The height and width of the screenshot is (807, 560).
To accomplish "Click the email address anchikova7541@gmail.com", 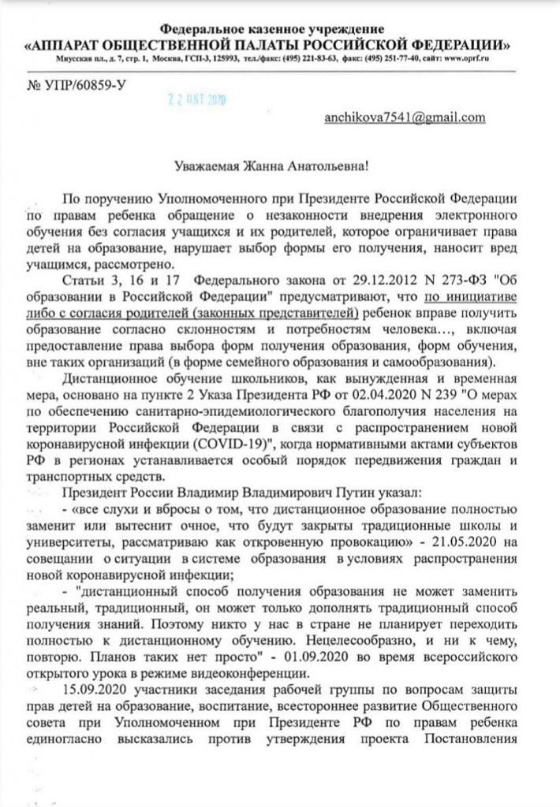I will pos(405,117).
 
